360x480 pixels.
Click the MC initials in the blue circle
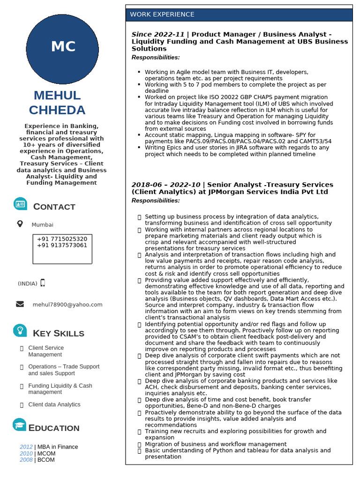(x=63, y=47)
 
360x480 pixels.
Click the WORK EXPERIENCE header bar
(x=239, y=15)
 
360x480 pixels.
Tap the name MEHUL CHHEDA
(x=57, y=103)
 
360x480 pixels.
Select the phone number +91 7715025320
(x=62, y=239)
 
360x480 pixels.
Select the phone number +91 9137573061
(x=62, y=245)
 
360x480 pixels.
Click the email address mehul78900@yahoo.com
(x=67, y=305)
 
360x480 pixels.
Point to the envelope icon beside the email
(x=20, y=304)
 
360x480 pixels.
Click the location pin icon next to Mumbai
(x=20, y=224)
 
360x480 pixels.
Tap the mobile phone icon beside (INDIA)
(x=43, y=283)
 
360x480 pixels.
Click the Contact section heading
(x=54, y=207)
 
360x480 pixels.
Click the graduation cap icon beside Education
(x=20, y=425)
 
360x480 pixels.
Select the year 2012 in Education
(x=26, y=447)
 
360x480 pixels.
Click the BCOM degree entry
(x=46, y=460)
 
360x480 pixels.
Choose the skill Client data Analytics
(x=54, y=405)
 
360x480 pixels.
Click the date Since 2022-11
(x=158, y=35)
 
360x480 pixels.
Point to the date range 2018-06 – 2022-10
(x=165, y=185)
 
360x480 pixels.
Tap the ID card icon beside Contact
(x=20, y=204)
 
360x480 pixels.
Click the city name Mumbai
(x=43, y=225)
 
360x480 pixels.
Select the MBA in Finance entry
(x=57, y=447)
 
